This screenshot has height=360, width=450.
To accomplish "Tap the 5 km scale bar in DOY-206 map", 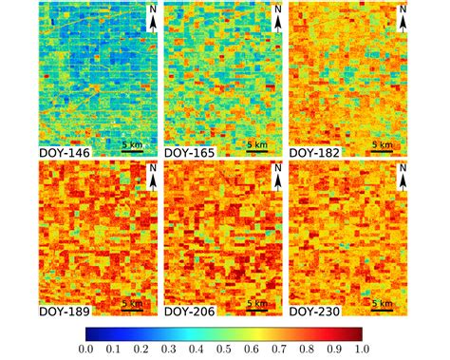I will (256, 306).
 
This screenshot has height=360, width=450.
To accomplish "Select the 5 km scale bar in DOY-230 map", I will (382, 306).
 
